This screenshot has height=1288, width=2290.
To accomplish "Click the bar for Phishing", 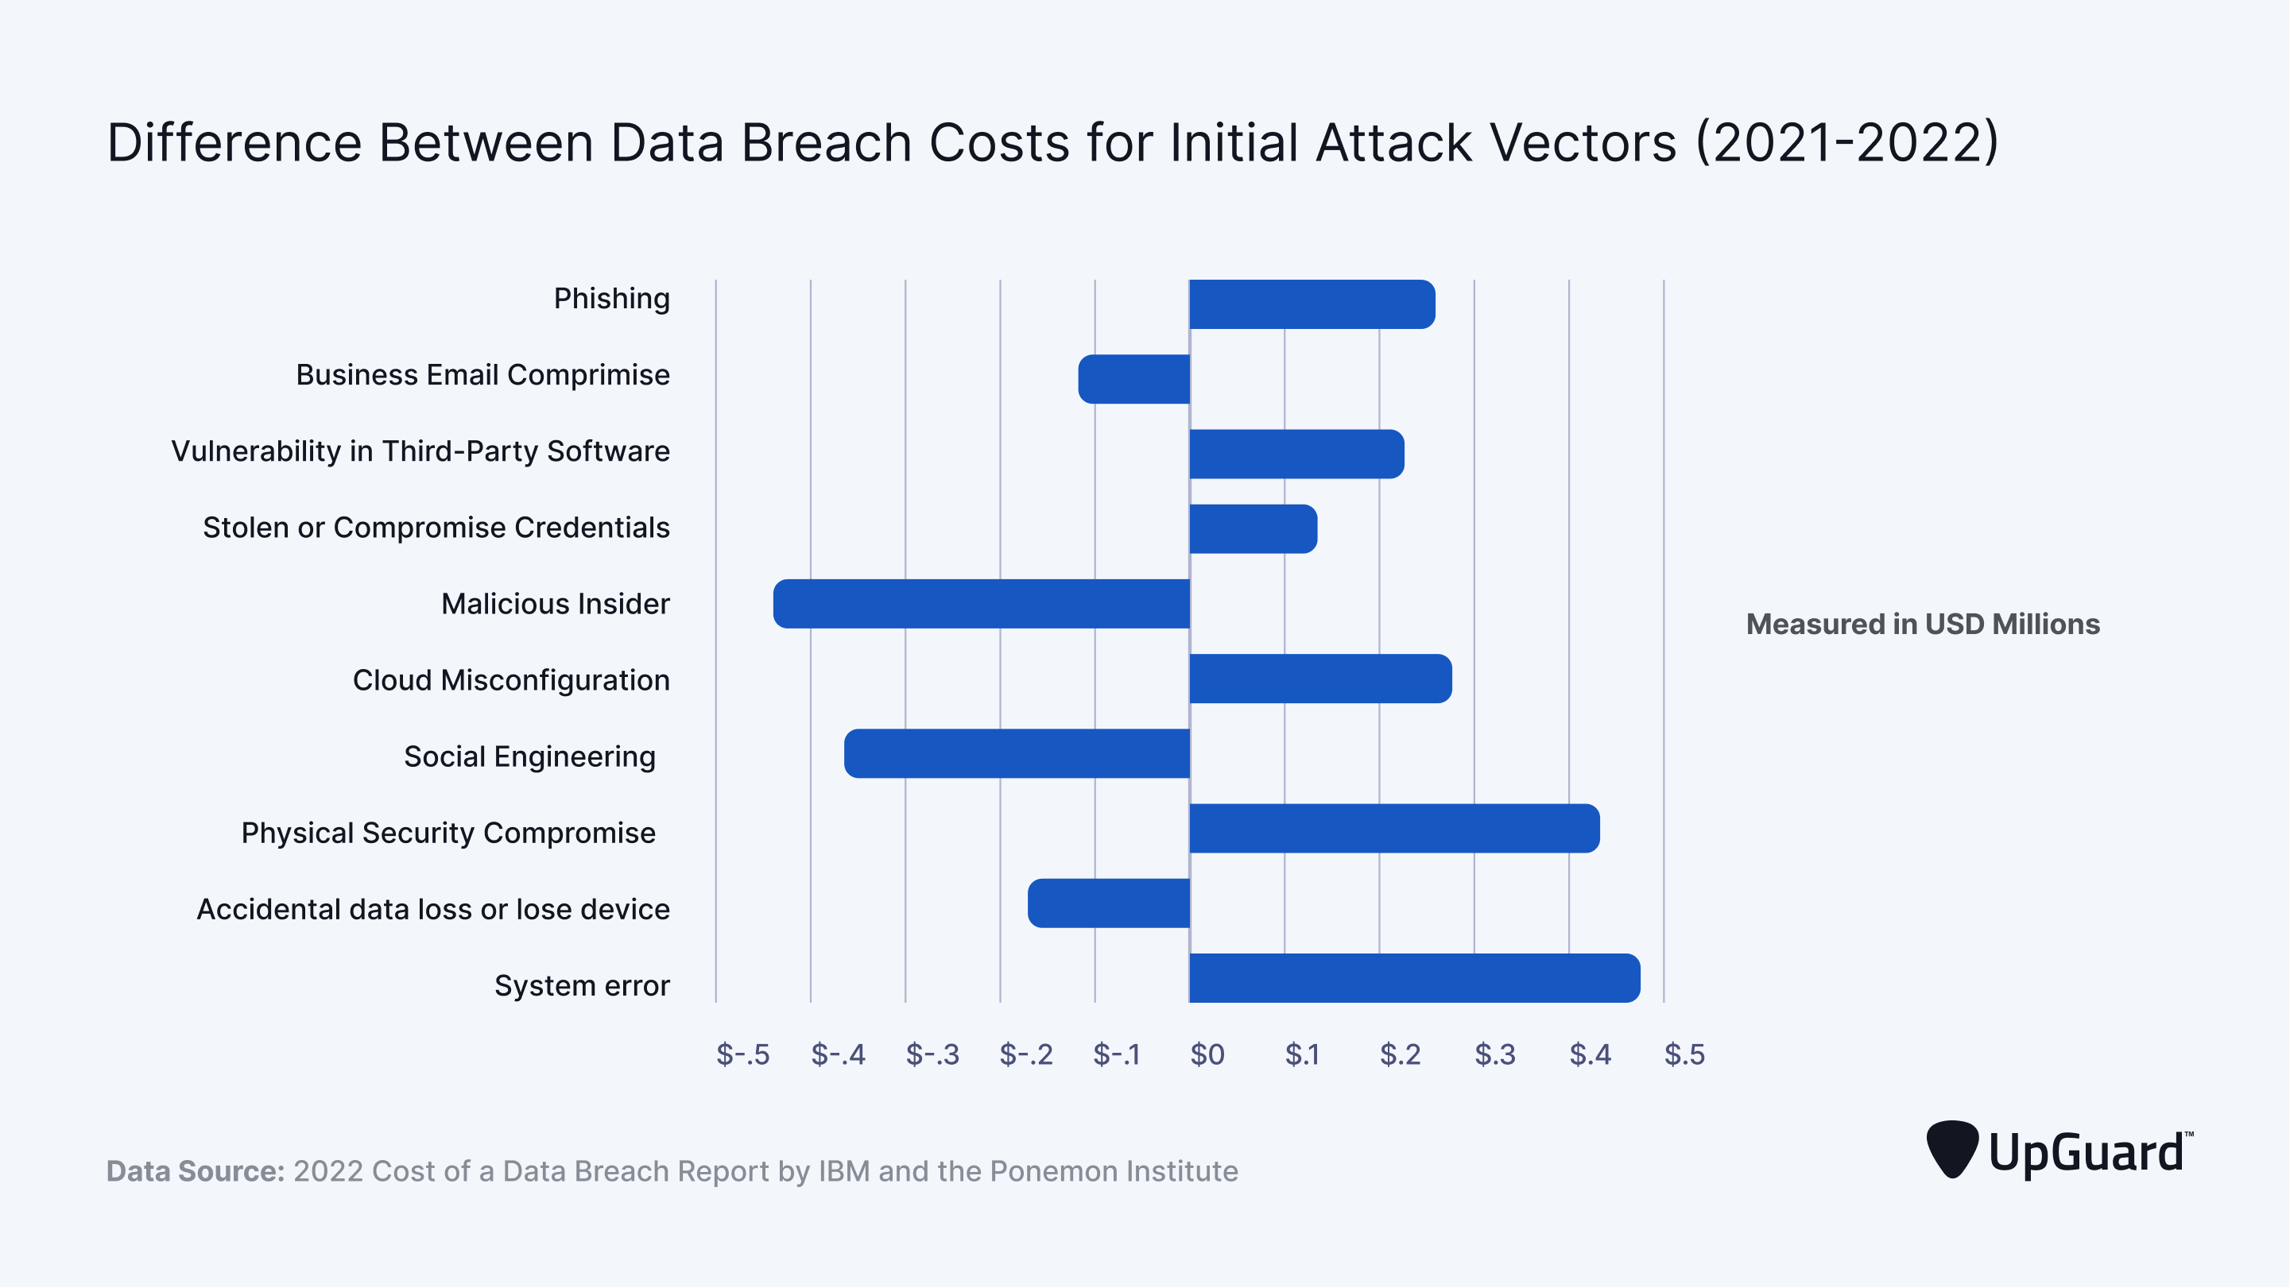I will (x=1312, y=304).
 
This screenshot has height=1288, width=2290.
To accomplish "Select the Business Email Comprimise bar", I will (x=1134, y=379).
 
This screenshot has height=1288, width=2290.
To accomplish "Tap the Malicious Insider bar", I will (x=982, y=604).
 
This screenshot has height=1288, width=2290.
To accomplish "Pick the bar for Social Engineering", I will (x=1017, y=754).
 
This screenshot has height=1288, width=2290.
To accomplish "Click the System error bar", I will (x=1414, y=978).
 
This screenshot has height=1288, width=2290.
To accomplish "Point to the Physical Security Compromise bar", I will (x=1394, y=829).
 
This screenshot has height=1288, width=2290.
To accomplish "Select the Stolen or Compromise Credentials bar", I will (x=1253, y=529).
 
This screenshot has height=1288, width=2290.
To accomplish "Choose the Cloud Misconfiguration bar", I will (x=1320, y=679).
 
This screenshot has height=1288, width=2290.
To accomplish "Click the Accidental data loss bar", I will (x=1109, y=903).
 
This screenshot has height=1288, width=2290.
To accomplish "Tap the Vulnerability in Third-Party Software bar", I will (x=1296, y=454).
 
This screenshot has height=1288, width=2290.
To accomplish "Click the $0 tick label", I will (x=1207, y=1054).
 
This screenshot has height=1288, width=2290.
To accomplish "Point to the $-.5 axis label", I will (x=742, y=1054).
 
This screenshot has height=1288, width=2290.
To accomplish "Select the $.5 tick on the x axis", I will (x=1684, y=1054).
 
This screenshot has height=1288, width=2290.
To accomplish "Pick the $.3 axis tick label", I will (x=1494, y=1054).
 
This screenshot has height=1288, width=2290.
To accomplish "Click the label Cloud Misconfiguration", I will (x=511, y=680).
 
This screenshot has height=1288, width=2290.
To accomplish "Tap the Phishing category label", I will (x=611, y=299).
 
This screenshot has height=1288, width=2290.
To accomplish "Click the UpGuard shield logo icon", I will (x=1951, y=1149).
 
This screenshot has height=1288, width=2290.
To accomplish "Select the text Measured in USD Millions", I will (x=1923, y=624).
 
